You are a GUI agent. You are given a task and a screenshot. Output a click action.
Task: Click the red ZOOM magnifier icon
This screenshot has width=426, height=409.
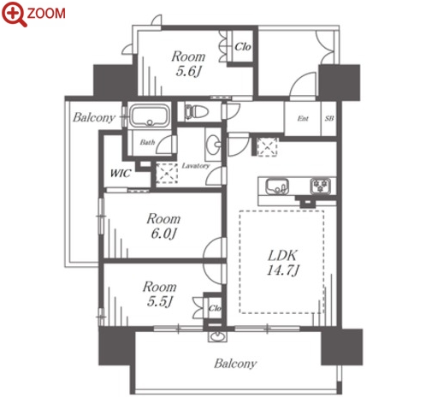coord(14,14)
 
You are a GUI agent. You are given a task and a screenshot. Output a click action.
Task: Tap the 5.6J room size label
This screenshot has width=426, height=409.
coord(188,71)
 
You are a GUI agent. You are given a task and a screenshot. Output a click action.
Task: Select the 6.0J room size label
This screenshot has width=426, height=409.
coord(163,234)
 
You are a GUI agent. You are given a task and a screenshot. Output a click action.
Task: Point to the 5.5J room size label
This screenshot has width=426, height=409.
coord(160,301)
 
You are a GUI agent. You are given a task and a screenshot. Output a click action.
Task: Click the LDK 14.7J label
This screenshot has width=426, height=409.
coord(282,263)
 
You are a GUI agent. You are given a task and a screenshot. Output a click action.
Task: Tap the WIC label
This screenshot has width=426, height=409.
coord(121,173)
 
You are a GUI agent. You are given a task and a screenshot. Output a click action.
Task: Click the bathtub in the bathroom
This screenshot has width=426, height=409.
coord(150,116)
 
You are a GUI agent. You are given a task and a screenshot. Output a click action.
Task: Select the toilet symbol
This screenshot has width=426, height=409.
coord(197,112)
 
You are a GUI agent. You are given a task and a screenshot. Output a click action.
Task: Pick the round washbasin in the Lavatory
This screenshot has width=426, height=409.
coord(213,144)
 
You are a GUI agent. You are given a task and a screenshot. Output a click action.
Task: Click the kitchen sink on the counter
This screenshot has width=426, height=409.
coord(276,187)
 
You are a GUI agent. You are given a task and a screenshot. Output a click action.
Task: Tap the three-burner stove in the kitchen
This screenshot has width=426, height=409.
coord(321,187)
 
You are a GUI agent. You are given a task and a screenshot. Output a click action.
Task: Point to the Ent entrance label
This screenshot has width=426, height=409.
coord(303,118)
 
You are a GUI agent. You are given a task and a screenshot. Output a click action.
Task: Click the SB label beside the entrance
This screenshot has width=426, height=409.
coord(329,118)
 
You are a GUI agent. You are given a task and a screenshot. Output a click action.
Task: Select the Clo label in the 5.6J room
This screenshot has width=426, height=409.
coord(243,47)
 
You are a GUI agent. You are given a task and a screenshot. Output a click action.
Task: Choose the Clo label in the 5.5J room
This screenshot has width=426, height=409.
coord(215,308)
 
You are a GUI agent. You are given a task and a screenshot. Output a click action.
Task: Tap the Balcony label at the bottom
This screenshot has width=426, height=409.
coord(235,364)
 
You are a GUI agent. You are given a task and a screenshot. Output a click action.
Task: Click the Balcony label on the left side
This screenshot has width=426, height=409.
coord(94,117)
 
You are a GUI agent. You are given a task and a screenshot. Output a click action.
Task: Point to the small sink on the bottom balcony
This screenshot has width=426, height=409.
coord(217,335)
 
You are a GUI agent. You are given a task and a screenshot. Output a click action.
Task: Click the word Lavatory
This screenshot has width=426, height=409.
coord(196,166)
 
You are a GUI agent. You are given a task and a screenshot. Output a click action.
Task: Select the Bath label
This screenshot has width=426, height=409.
coord(147,142)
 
